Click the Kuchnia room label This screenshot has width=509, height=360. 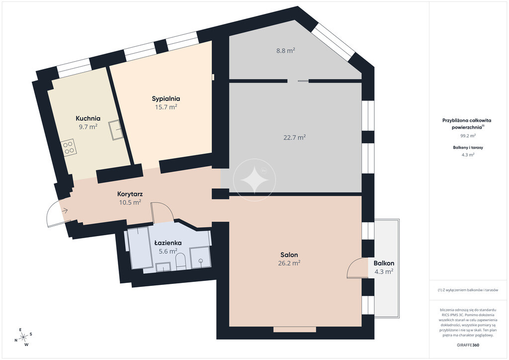point(88,118)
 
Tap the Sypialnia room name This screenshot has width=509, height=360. point(166,98)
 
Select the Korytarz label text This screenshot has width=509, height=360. point(130,194)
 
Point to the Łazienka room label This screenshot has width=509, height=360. point(168,243)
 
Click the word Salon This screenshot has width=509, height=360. point(289,255)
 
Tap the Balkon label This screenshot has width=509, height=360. point(384,263)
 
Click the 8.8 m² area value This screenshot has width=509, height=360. point(286,51)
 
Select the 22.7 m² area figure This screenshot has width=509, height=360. point(295,137)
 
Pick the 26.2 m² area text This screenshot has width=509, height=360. point(289,263)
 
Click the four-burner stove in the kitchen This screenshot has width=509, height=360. point(69,147)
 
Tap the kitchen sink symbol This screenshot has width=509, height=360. point(116,130)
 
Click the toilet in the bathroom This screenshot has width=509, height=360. point(180,262)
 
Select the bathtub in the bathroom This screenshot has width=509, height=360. point(140,248)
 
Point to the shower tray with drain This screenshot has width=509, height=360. point(200,258)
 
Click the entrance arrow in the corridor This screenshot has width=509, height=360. point(64,211)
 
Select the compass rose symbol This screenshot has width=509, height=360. point(23,337)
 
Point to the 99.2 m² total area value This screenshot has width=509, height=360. point(468,136)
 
